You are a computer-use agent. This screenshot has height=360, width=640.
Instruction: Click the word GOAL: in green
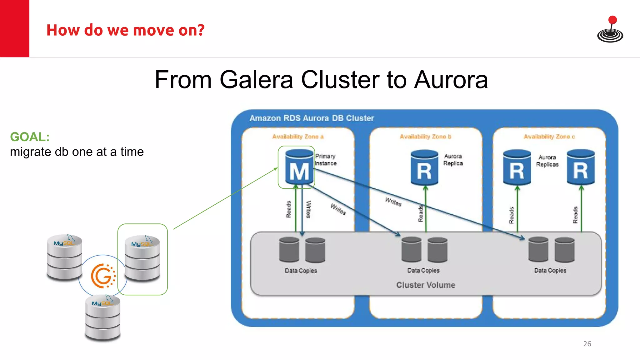(30, 137)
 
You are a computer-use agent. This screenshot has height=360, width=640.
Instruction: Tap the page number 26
(587, 344)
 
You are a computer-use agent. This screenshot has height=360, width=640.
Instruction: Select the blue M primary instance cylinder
(299, 167)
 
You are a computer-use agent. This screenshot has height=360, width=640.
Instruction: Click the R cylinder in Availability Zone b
(424, 168)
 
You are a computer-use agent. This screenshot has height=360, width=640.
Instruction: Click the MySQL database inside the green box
(142, 259)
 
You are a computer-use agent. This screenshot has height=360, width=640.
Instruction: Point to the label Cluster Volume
(426, 285)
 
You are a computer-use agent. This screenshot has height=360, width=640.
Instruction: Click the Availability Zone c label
(549, 137)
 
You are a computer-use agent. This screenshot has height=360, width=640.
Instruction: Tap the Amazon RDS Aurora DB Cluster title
(312, 118)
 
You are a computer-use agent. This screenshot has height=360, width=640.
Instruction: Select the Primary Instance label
(326, 160)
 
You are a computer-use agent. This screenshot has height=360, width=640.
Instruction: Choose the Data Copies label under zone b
(423, 270)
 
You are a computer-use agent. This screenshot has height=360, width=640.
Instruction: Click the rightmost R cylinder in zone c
(580, 167)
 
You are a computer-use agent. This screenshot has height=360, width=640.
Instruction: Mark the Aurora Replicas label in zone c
(547, 161)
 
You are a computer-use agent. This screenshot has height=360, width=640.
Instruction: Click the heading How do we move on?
(125, 30)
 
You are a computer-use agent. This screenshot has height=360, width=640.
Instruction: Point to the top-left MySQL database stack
(64, 257)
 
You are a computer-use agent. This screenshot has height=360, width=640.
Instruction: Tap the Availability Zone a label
(297, 137)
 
